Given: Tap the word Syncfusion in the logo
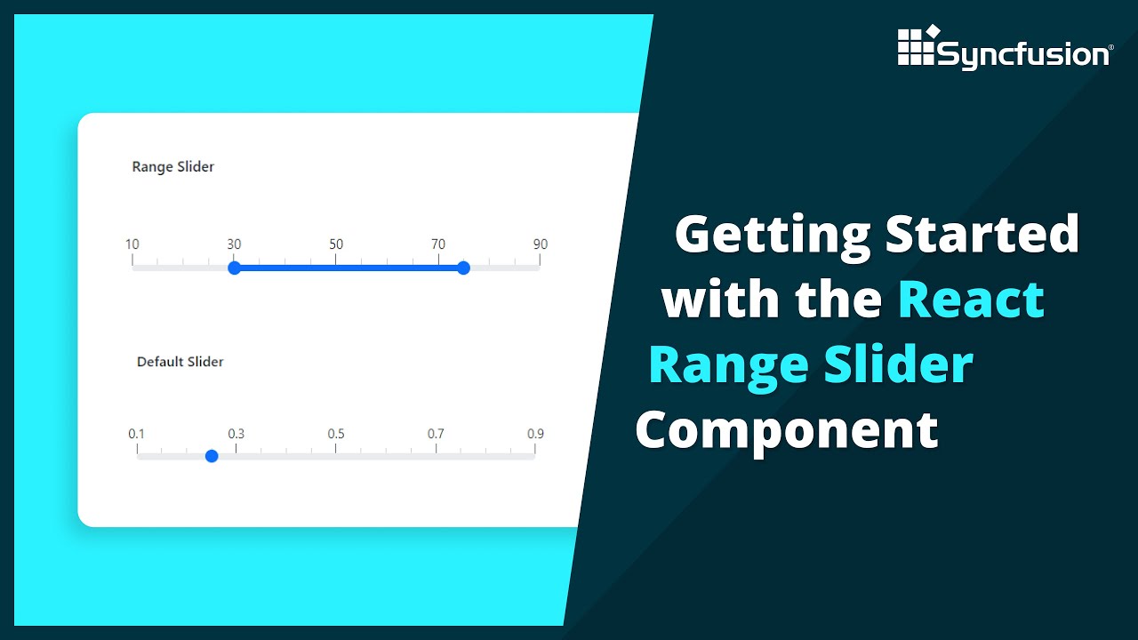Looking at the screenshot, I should tap(1023, 55).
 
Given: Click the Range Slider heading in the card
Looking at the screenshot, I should tap(172, 166).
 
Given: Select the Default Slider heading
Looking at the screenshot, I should tap(180, 362).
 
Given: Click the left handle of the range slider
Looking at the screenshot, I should tap(234, 268).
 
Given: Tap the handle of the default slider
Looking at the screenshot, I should tap(212, 456).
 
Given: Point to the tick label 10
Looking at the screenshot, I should tap(132, 244).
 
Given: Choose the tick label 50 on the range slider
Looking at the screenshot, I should tap(336, 244).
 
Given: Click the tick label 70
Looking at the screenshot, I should tap(438, 244).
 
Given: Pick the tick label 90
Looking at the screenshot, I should tap(540, 244).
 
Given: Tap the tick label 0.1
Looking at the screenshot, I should tap(136, 434).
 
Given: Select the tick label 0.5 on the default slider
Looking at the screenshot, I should tap(335, 434).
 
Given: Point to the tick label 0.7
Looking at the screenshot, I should tap(436, 434).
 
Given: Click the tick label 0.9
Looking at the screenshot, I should tap(535, 434).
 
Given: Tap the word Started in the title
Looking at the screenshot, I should tap(982, 234).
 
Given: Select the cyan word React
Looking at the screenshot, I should tap(971, 299).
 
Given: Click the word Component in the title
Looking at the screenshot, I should tap(787, 431).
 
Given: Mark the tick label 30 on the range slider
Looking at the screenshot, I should tap(234, 244).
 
